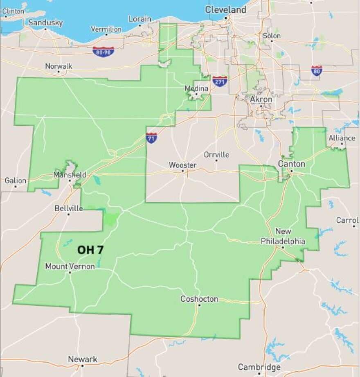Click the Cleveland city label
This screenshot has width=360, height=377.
(x=225, y=9)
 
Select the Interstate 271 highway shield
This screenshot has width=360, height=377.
(x=220, y=81)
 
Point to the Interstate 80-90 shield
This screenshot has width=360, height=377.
(x=103, y=52)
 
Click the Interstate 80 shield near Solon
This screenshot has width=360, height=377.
(x=316, y=70)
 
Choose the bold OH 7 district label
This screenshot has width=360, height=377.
(x=90, y=250)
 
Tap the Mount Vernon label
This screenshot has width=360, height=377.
(x=70, y=266)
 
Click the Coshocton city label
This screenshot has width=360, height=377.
(x=199, y=299)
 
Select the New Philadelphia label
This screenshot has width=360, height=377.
(x=283, y=237)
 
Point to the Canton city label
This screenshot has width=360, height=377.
(x=291, y=164)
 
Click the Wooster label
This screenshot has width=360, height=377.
(x=182, y=165)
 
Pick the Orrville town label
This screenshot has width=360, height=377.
(x=216, y=155)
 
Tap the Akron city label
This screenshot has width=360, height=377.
(x=261, y=99)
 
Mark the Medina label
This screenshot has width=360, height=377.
(x=196, y=88)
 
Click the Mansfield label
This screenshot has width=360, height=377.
(x=70, y=175)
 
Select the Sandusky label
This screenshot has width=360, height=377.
(x=45, y=23)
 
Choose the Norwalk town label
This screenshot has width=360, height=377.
(x=59, y=66)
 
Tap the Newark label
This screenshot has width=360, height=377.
(x=83, y=359)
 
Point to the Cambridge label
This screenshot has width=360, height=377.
(x=259, y=367)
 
